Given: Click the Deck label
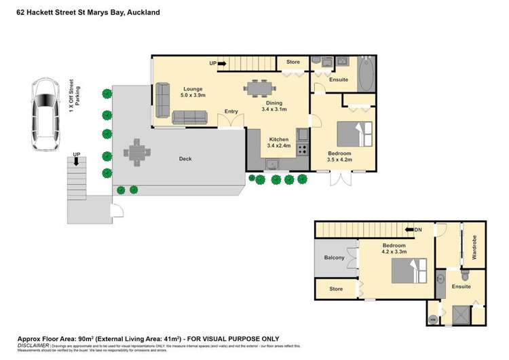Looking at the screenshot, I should [x=185, y=159].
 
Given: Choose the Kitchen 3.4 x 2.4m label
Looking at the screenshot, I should [x=279, y=142].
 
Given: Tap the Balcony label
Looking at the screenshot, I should [x=334, y=257].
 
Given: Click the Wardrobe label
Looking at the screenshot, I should [x=474, y=249].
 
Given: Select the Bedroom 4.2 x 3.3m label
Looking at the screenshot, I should [x=394, y=249].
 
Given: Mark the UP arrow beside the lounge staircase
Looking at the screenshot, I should [x=217, y=63].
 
